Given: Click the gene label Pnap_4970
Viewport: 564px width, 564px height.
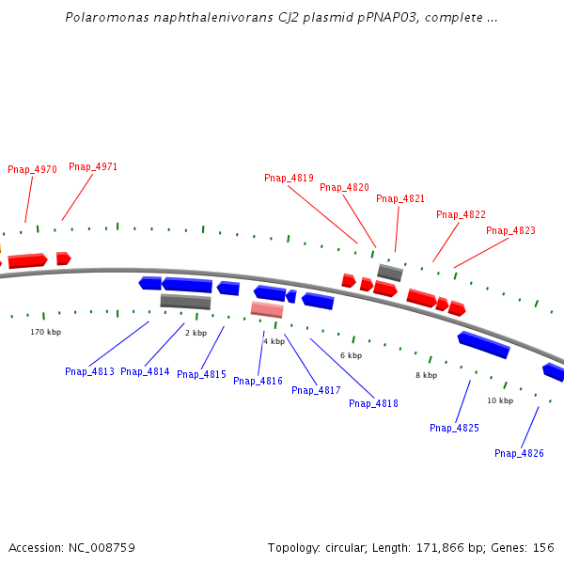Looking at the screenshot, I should coord(32,170).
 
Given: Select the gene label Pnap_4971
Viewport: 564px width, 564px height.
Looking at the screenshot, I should coord(93,167).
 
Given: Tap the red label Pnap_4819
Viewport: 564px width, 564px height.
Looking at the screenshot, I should coord(289,179).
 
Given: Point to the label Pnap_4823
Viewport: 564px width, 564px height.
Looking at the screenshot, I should coord(510,231).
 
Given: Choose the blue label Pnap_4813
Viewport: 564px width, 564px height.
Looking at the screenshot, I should coord(89,372).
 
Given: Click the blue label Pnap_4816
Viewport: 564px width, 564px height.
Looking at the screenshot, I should coord(258,382).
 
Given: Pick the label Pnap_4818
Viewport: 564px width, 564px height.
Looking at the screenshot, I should coord(373,404).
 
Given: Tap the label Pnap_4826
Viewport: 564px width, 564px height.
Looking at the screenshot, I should coord(519,454).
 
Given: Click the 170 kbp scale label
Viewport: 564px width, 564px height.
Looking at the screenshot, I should coord(45,333).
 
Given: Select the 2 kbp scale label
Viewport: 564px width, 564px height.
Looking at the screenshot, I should coord(196,334).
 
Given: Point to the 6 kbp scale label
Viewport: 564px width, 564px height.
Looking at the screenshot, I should coord(351,356).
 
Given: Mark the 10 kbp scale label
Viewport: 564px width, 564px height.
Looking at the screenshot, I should coord(500,401).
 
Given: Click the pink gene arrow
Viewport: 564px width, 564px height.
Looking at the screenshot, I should coord(267,309).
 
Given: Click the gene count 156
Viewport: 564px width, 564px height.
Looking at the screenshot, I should coord(543,548).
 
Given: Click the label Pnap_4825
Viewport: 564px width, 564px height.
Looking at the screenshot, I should coord(454,429).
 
